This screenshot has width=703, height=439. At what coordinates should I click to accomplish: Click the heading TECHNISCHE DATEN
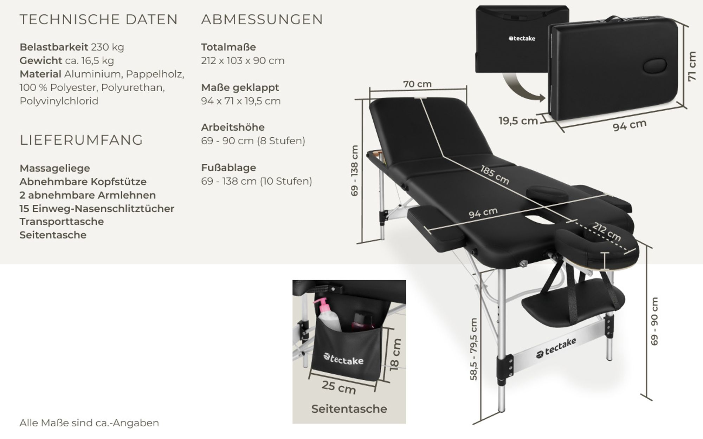[99, 19]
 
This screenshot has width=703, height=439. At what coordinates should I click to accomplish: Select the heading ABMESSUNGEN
[262, 19]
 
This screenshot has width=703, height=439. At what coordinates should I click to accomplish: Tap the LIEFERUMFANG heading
[81, 140]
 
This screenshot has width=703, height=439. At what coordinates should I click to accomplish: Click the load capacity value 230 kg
[108, 47]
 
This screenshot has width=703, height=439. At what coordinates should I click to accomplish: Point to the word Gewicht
[41, 60]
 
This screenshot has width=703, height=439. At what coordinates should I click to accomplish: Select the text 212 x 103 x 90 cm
[243, 60]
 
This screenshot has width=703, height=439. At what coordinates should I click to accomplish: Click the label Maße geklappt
[240, 87]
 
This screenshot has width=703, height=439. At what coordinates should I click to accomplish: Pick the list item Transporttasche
[62, 222]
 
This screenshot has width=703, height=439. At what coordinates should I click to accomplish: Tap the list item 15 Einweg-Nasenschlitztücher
[97, 209]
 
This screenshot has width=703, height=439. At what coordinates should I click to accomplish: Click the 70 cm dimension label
[417, 84]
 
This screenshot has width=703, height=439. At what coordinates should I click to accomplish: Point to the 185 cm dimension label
[495, 175]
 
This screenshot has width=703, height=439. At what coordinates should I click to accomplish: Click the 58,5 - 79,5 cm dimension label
[473, 349]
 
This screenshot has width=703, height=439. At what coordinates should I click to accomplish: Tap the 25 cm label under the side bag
[339, 387]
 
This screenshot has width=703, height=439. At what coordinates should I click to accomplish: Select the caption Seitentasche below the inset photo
[349, 409]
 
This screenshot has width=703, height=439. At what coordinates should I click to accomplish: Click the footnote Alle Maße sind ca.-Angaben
[89, 423]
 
